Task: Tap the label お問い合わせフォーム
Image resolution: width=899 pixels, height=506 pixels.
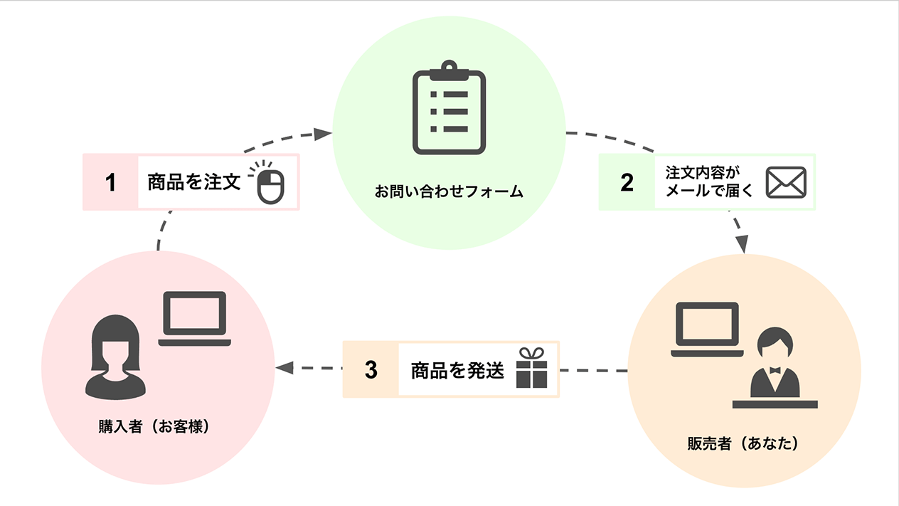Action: click(x=449, y=192)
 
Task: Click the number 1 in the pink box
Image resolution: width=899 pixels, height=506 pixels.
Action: click(x=110, y=183)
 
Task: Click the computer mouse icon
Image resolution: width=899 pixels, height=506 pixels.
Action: click(x=267, y=184)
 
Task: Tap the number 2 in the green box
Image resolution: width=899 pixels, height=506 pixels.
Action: click(x=627, y=183)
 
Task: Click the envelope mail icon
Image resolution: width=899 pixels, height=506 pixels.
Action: click(x=785, y=183)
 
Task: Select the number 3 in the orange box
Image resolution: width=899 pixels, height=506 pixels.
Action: click(x=371, y=370)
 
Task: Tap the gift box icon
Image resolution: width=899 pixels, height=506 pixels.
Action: click(x=531, y=369)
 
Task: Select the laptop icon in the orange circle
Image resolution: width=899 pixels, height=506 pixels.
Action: click(x=707, y=329)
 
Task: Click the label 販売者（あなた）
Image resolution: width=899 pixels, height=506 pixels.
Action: click(x=743, y=443)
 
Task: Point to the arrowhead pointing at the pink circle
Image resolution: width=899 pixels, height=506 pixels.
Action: click(x=284, y=368)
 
